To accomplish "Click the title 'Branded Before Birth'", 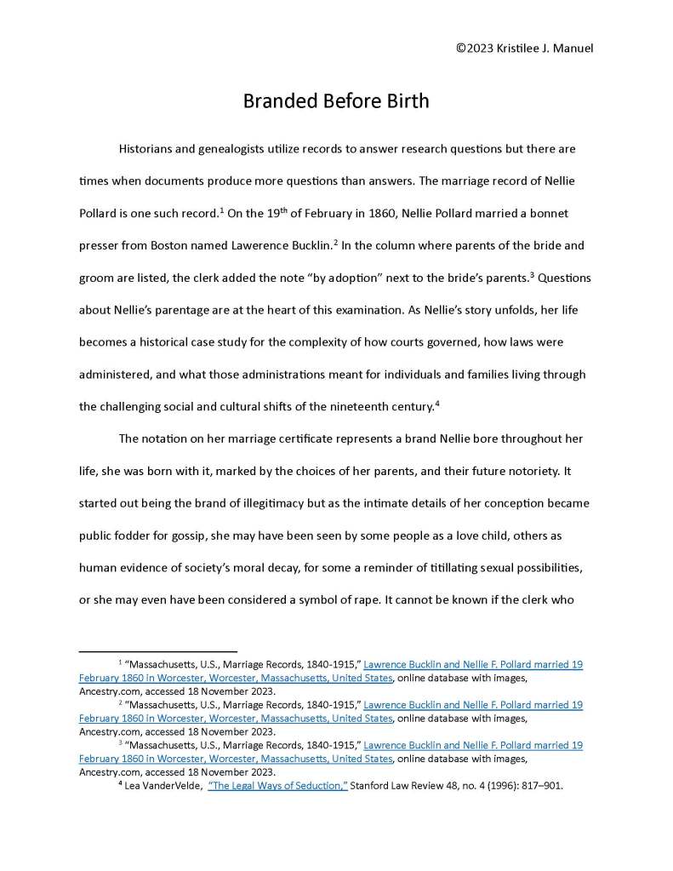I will pos(336,100).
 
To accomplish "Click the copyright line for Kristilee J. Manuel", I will pos(524,48).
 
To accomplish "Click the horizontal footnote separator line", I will pos(157,651).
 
